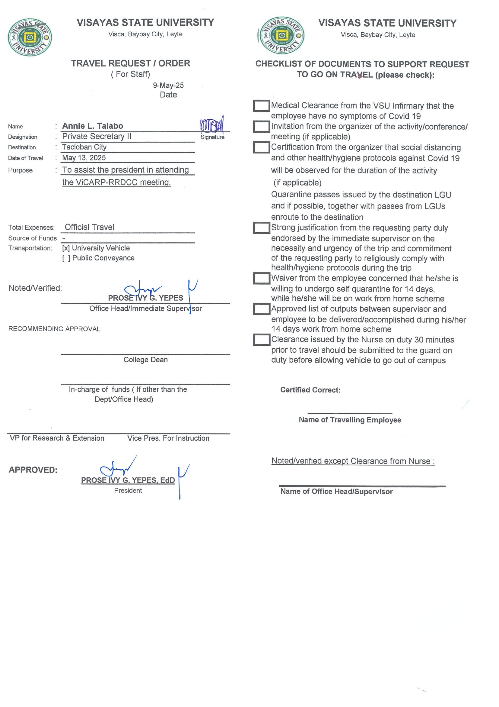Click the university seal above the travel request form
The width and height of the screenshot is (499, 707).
(x=30, y=37)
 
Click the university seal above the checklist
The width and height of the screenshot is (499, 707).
(x=281, y=36)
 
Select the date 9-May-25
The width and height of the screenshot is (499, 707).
(x=168, y=85)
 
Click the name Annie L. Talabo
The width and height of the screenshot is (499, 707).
(x=93, y=126)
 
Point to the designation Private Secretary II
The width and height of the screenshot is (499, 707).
(x=97, y=136)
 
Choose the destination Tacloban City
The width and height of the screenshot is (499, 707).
(x=84, y=147)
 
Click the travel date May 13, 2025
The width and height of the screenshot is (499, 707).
(x=84, y=158)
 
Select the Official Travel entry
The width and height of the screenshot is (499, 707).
(x=89, y=227)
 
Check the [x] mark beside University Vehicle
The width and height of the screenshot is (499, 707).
(x=66, y=248)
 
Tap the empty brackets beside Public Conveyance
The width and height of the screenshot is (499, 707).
(x=66, y=258)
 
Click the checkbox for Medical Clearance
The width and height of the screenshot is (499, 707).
(x=261, y=106)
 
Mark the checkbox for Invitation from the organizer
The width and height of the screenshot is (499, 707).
(x=261, y=127)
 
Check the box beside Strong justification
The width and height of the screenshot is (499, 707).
(x=261, y=228)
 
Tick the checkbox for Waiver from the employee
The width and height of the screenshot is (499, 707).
(x=261, y=278)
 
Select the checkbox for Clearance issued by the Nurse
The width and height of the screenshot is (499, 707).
(x=261, y=340)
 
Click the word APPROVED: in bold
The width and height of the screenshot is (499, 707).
(x=33, y=470)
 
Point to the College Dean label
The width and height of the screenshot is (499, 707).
(x=145, y=360)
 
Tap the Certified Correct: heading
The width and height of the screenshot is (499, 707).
(x=310, y=390)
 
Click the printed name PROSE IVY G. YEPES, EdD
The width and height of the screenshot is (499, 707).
(x=128, y=480)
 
